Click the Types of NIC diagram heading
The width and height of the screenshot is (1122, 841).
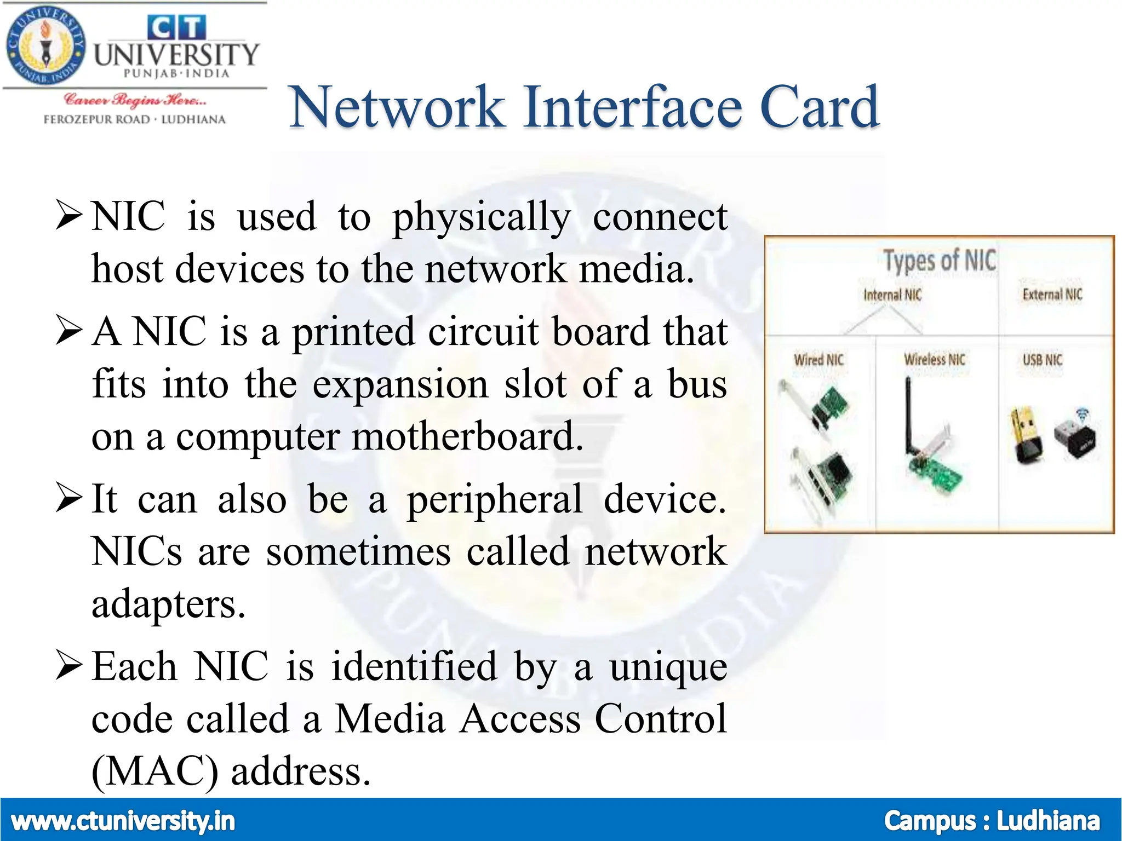939,260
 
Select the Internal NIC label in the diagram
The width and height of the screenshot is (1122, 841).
892,295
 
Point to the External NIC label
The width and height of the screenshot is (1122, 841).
1052,295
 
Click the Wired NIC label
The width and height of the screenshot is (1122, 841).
818,360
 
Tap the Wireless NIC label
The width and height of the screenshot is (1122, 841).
934,359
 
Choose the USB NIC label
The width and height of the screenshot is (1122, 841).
1042,360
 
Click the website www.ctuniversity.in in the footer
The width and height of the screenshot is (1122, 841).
123,821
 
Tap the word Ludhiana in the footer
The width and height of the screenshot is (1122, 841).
1047,821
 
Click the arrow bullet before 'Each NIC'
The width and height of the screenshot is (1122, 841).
69,666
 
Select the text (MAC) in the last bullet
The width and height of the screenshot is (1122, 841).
154,771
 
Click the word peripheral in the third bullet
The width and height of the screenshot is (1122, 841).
495,499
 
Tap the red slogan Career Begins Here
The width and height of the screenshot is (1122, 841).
135,100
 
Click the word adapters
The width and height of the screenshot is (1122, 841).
168,604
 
